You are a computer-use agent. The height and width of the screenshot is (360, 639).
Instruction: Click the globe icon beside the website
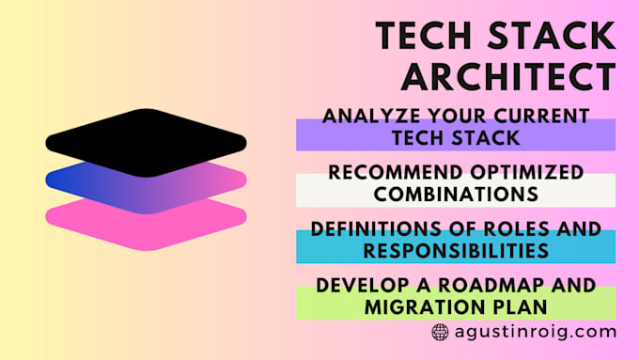440,332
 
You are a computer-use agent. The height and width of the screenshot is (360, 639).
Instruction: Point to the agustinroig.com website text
535,332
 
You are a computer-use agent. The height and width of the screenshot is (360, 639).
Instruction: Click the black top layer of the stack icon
146,141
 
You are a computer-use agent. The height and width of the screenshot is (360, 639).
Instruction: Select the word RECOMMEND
375,173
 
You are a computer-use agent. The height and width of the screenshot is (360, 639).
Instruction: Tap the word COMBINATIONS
456,195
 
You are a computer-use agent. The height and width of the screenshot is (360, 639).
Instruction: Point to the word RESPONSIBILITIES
456,250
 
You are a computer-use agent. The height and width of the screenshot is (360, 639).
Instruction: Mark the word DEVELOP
360,286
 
